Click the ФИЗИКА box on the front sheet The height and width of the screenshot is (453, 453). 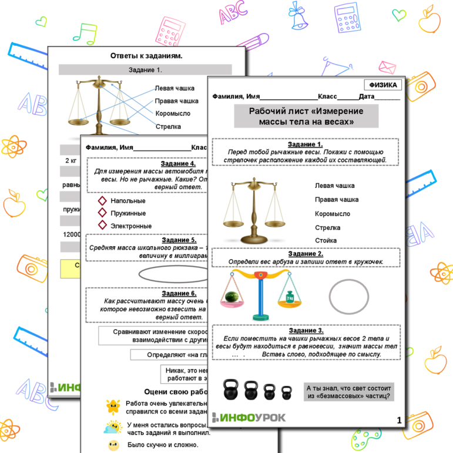pyautogui.click(x=382, y=85)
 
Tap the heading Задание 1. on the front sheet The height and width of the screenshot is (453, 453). pyautogui.click(x=305, y=144)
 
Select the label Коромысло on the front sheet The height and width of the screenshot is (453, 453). pyautogui.click(x=332, y=214)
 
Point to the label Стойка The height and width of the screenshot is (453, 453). pyautogui.click(x=326, y=240)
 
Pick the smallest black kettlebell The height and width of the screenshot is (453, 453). pyautogui.click(x=287, y=392)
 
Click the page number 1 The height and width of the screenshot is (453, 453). pyautogui.click(x=399, y=420)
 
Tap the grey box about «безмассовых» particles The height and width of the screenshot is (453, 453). pyautogui.click(x=349, y=392)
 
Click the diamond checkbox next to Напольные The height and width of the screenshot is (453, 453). pyautogui.click(x=102, y=201)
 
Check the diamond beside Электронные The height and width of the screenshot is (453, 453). pyautogui.click(x=102, y=226)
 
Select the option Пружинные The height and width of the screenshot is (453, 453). pyautogui.click(x=128, y=213)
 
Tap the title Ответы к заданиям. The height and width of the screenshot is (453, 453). pyautogui.click(x=146, y=56)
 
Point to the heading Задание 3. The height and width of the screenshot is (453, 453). pyautogui.click(x=305, y=331)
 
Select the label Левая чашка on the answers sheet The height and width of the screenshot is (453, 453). pyautogui.click(x=175, y=88)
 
